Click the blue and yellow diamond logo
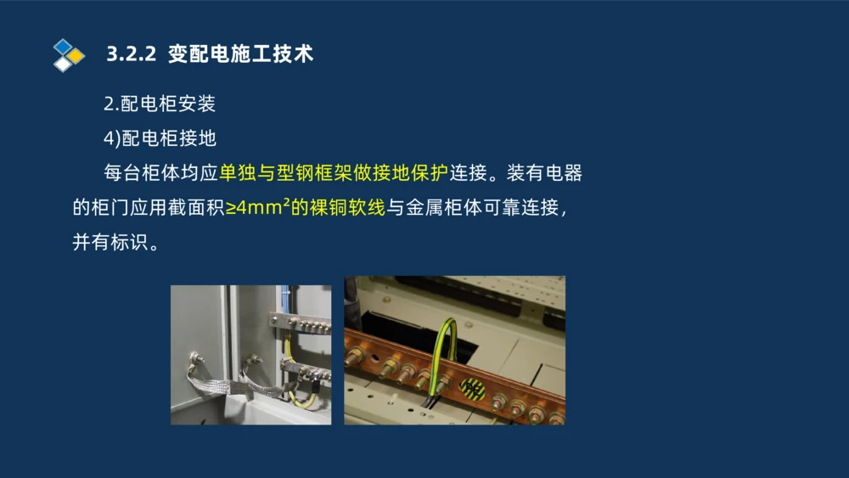point(68,54)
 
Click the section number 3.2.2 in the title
point(132,54)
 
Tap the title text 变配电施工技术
point(241,54)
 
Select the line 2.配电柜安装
point(160,104)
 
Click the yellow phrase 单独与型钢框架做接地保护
point(334,173)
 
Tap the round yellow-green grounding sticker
point(473,390)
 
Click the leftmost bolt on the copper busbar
point(357,357)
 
